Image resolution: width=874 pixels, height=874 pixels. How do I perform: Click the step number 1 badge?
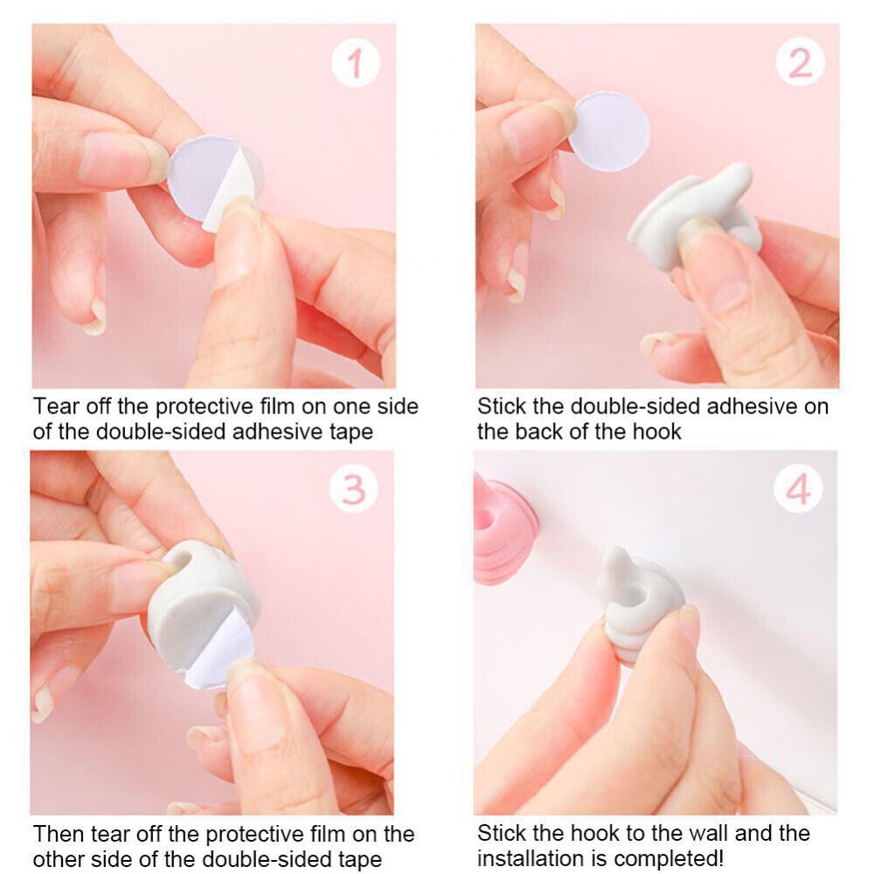356,62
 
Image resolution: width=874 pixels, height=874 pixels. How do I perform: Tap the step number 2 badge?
801,62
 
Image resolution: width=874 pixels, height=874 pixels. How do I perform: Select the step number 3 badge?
353,489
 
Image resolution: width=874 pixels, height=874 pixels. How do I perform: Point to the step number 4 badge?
798,489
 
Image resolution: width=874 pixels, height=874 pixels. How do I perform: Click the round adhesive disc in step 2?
609,132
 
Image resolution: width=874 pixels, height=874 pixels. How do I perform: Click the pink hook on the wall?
504,530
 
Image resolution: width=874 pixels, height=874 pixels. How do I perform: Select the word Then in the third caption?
59,834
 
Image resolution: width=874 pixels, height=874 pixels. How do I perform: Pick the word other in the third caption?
58,859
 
